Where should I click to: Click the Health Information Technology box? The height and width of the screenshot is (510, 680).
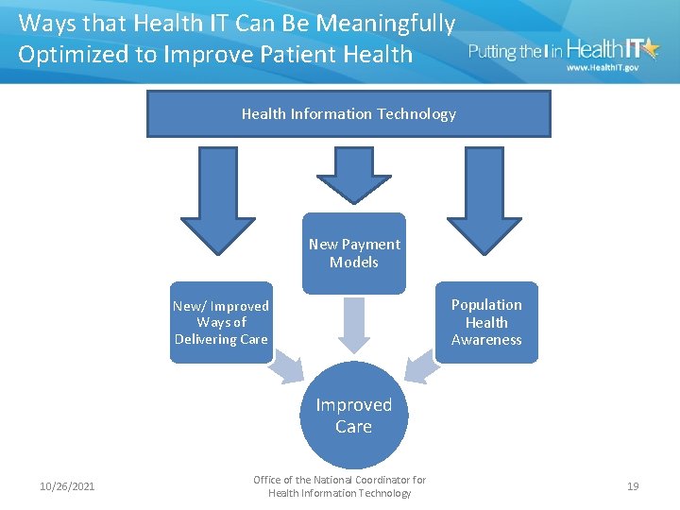coord(348,114)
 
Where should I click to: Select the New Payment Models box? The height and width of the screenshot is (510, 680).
coord(354,253)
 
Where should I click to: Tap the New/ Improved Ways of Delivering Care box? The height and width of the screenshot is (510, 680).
coord(221,322)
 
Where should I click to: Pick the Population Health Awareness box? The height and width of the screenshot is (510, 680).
coord(486,322)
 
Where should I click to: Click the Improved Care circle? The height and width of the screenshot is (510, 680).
coord(353,416)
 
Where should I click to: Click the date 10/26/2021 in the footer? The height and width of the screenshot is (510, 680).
coord(67,486)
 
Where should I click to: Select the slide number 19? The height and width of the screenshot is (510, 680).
coord(633,486)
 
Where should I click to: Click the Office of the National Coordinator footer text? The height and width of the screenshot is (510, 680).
coord(340,486)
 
